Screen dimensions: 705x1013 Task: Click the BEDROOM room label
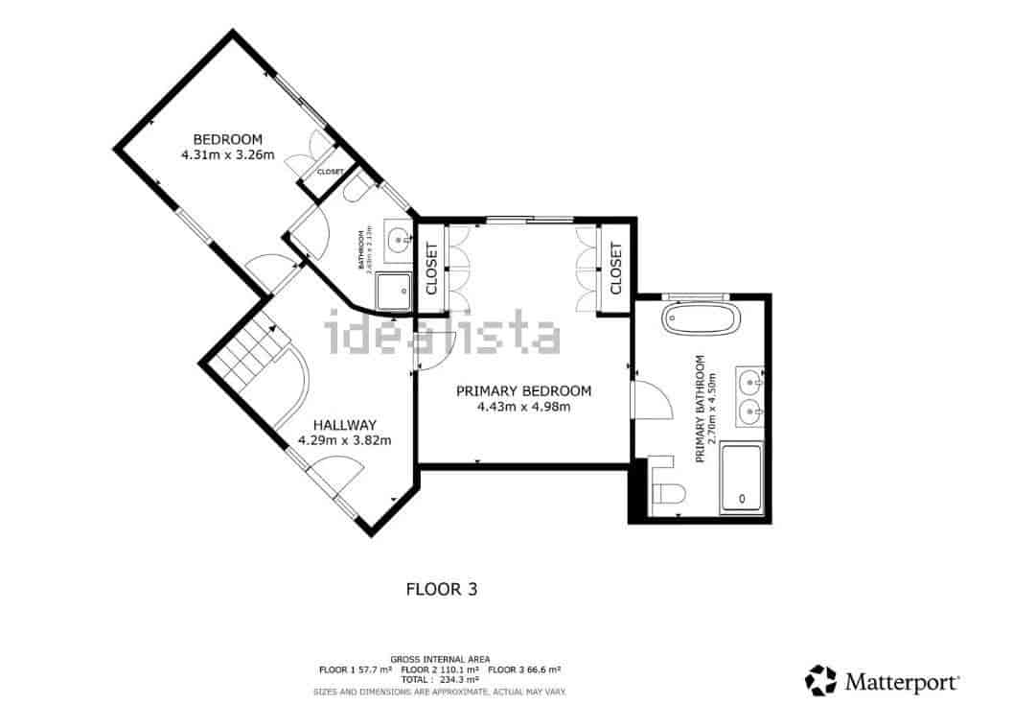(x=227, y=139)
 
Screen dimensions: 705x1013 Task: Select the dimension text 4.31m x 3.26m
(x=227, y=154)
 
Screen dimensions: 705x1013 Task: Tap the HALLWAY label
(x=344, y=425)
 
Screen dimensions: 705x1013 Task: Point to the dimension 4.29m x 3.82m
(x=344, y=440)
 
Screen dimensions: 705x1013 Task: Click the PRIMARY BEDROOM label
(x=523, y=391)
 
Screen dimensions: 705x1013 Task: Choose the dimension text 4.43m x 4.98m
(x=523, y=407)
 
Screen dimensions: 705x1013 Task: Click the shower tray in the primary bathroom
(x=741, y=477)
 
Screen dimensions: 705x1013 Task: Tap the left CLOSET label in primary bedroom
(x=432, y=269)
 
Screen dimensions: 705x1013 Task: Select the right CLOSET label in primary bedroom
(x=615, y=269)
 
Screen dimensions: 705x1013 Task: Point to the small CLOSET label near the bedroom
(x=330, y=172)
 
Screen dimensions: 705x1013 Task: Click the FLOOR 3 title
(x=442, y=589)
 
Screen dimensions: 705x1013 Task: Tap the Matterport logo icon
(x=820, y=680)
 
